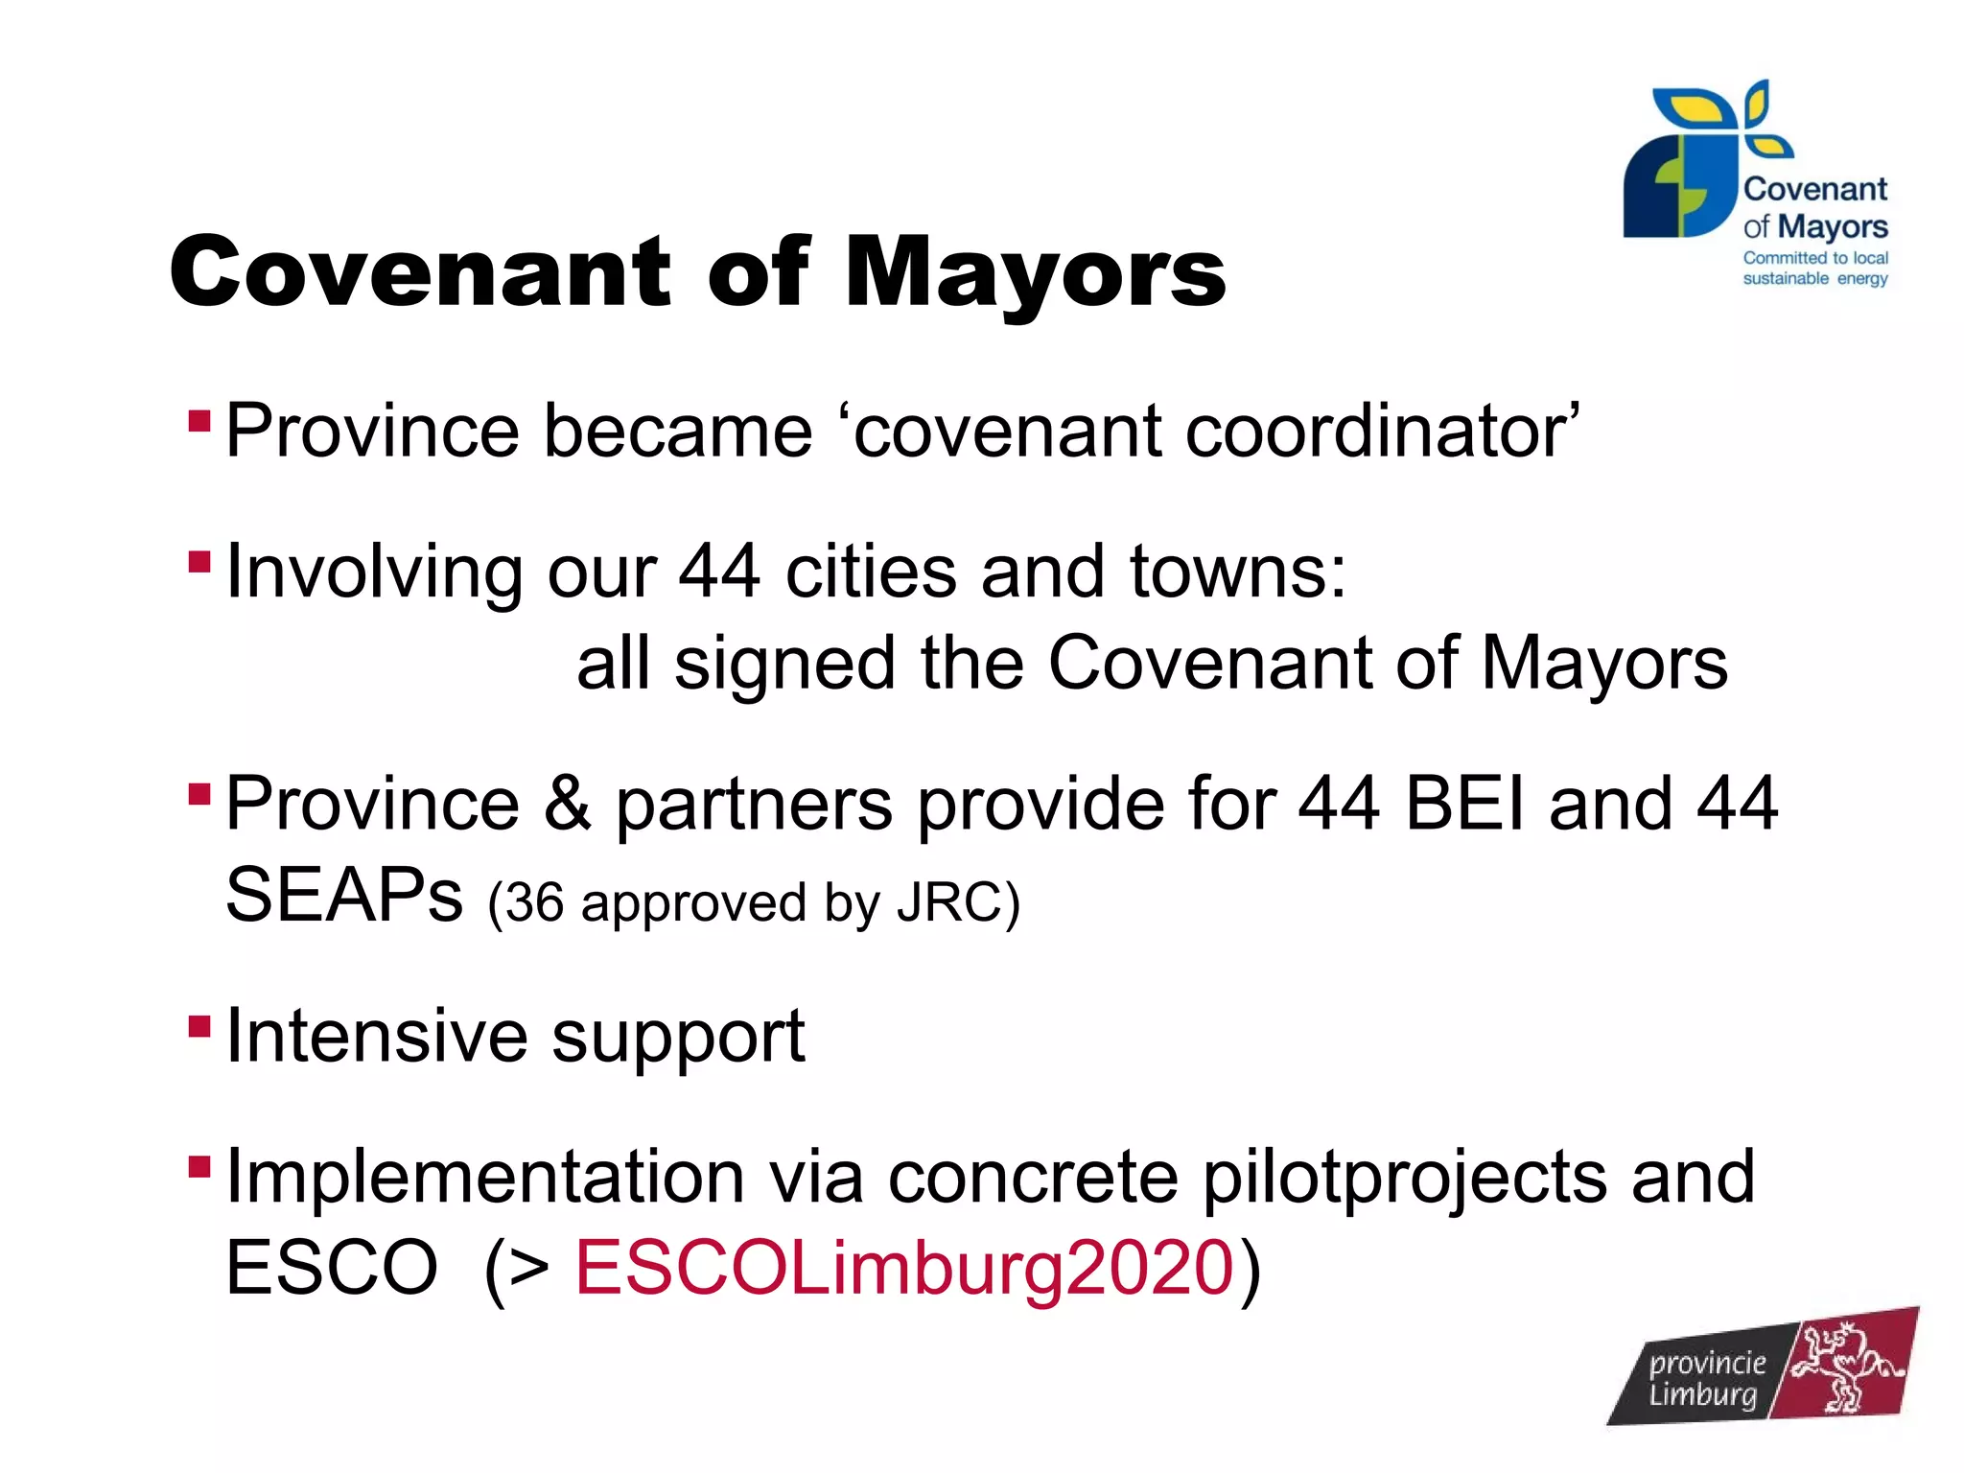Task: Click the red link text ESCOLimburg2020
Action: (x=903, y=1267)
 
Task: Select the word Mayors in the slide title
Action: (x=1035, y=272)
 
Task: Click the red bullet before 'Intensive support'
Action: (x=199, y=1027)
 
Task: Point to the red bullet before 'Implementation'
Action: (x=199, y=1167)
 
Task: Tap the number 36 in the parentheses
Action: (x=534, y=902)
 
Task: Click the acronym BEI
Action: (x=1464, y=803)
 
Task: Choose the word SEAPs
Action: (x=344, y=895)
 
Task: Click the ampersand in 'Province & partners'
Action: (x=567, y=803)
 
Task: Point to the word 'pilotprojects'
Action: (x=1405, y=1177)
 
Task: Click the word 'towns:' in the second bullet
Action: (x=1237, y=572)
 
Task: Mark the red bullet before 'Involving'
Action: (x=199, y=561)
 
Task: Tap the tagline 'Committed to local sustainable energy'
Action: (x=1814, y=269)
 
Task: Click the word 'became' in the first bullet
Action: (x=678, y=431)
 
